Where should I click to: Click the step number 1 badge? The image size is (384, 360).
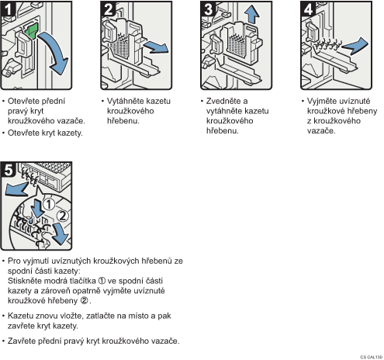[9, 9]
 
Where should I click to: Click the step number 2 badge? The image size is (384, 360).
[108, 9]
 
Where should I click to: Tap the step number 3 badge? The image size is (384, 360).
[208, 9]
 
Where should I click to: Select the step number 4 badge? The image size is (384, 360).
[308, 9]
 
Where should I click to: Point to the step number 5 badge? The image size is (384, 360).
[9, 170]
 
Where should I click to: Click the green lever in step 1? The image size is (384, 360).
[31, 31]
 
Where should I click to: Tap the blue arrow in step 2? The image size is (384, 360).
[156, 48]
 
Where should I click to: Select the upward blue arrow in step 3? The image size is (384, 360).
[252, 14]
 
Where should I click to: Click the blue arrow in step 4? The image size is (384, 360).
[355, 46]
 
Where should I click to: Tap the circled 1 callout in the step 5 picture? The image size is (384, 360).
[49, 204]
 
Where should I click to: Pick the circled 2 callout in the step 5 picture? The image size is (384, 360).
[62, 216]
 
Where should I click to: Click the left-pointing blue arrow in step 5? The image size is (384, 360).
[16, 189]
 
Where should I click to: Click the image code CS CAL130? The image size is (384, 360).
[371, 357]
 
